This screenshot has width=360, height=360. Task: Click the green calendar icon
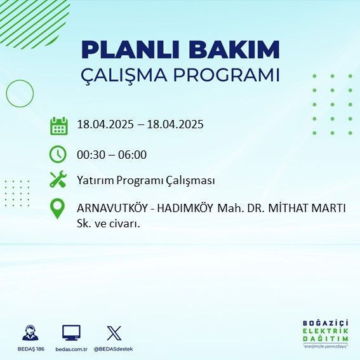click(58, 125)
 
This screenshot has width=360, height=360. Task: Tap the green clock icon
click(58, 154)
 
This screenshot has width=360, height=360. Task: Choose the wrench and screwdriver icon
click(58, 180)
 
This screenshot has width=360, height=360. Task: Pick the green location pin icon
click(58, 209)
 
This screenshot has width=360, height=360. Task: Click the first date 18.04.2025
click(105, 124)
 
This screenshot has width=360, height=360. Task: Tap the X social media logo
click(114, 332)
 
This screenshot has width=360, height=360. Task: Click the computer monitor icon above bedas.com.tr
click(71, 332)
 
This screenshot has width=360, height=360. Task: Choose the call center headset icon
click(29, 332)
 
